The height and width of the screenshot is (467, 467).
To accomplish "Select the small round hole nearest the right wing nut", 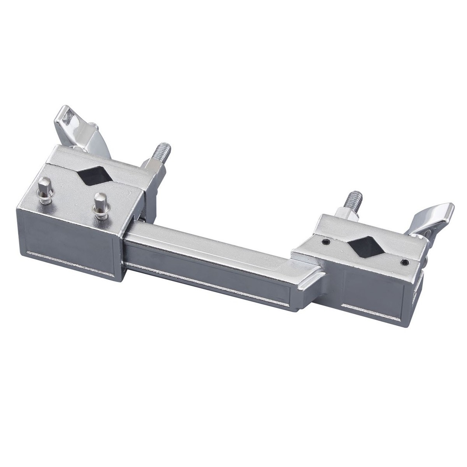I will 405,261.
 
